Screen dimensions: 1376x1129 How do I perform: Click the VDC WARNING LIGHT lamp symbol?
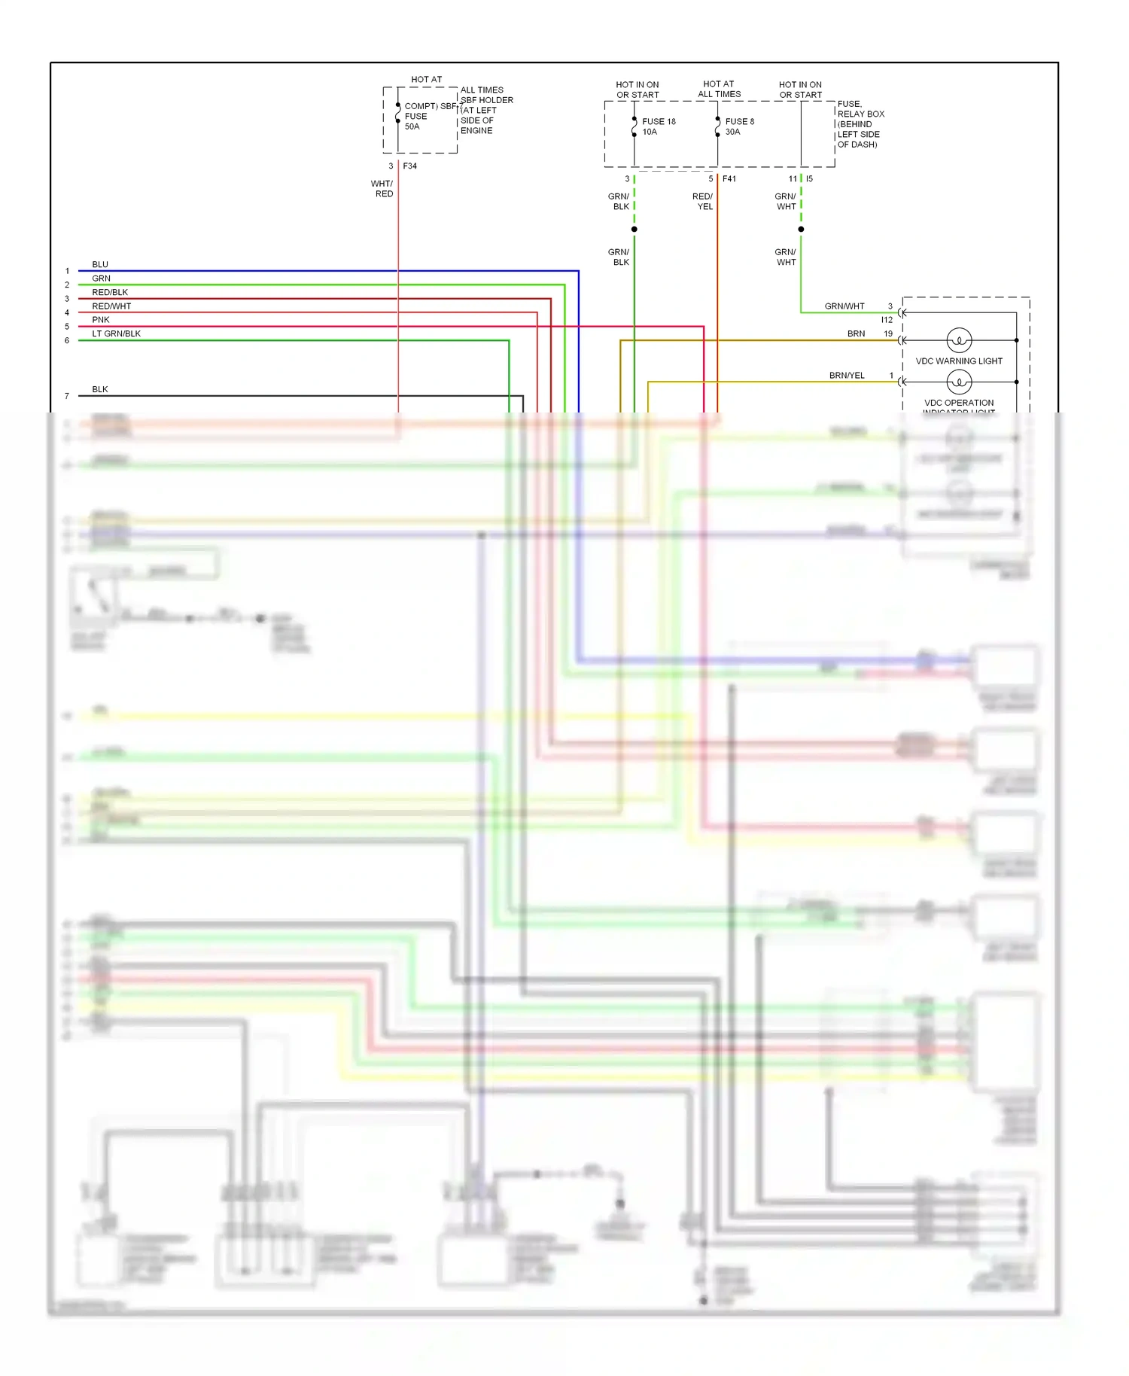pyautogui.click(x=959, y=340)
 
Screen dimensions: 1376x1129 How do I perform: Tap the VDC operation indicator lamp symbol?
pyautogui.click(x=959, y=382)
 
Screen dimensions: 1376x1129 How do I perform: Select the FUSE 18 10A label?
pyautogui.click(x=659, y=126)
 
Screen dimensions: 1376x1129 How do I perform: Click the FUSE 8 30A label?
pyautogui.click(x=739, y=126)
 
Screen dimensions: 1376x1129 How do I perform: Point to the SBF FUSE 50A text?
pyautogui.click(x=417, y=117)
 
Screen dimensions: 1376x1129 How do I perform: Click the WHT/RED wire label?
pyautogui.click(x=382, y=189)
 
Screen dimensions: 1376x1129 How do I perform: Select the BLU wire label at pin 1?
pyautogui.click(x=100, y=264)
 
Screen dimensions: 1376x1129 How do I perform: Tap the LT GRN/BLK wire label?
pyautogui.click(x=116, y=333)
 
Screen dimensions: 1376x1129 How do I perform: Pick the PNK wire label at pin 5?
pyautogui.click(x=101, y=320)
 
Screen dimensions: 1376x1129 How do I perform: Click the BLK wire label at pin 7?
pyautogui.click(x=100, y=389)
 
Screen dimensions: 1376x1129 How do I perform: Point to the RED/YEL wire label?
pyautogui.click(x=703, y=202)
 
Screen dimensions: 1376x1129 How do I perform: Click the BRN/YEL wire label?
pyautogui.click(x=847, y=375)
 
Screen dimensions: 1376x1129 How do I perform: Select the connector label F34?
pyautogui.click(x=409, y=166)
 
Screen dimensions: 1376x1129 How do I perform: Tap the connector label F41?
pyautogui.click(x=729, y=178)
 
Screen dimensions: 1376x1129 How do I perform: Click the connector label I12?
pyautogui.click(x=887, y=320)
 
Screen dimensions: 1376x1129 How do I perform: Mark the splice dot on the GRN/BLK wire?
pyautogui.click(x=634, y=229)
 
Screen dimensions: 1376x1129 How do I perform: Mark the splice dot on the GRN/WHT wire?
pyautogui.click(x=801, y=229)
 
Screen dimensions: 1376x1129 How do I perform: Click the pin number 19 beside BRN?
pyautogui.click(x=888, y=333)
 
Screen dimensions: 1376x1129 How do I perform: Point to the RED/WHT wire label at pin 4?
pyautogui.click(x=111, y=306)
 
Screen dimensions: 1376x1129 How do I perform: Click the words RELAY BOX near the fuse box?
pyautogui.click(x=861, y=114)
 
